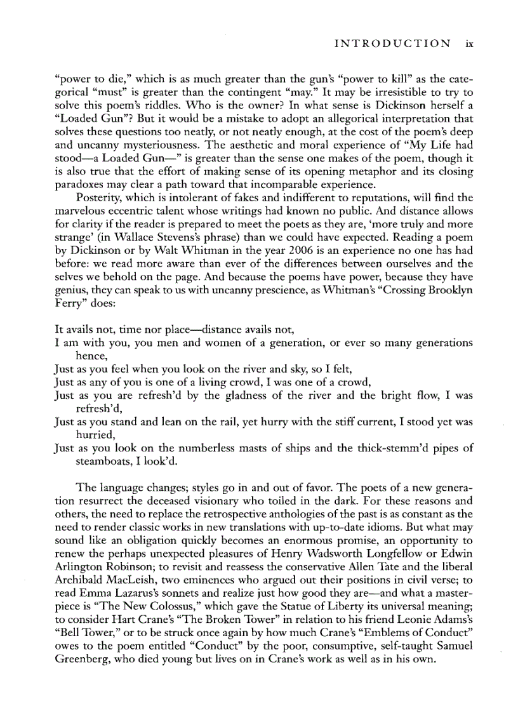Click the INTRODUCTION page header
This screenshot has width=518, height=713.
(392, 44)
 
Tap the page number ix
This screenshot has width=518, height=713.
(468, 44)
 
